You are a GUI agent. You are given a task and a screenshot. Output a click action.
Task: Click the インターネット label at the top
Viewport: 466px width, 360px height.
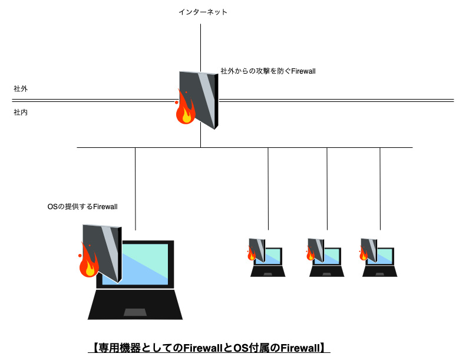203,12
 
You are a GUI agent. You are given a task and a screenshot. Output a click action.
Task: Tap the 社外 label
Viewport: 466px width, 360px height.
21,89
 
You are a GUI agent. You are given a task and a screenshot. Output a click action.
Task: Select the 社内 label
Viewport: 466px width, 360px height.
21,112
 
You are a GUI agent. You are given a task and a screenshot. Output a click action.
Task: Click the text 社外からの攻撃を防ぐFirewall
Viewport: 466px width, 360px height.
268,71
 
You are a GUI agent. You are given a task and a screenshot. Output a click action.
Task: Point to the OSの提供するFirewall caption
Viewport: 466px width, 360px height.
82,206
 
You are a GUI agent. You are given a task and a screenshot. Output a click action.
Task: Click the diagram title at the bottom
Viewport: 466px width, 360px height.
209,348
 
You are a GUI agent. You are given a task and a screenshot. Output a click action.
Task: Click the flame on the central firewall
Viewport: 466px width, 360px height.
186,110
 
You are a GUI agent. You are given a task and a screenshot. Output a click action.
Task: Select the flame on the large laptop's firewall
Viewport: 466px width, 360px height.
88,263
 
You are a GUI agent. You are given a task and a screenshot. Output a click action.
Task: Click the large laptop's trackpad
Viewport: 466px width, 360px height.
135,312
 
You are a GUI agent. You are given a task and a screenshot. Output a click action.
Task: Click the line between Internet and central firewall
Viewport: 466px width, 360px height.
200,47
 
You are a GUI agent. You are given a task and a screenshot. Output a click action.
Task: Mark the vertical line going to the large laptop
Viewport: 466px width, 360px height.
135,189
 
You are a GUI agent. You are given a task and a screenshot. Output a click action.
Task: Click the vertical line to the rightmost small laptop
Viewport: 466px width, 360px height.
380,189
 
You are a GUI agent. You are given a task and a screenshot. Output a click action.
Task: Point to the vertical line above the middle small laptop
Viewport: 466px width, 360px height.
327,189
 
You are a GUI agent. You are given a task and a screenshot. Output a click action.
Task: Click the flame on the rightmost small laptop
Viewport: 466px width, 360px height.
363,254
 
